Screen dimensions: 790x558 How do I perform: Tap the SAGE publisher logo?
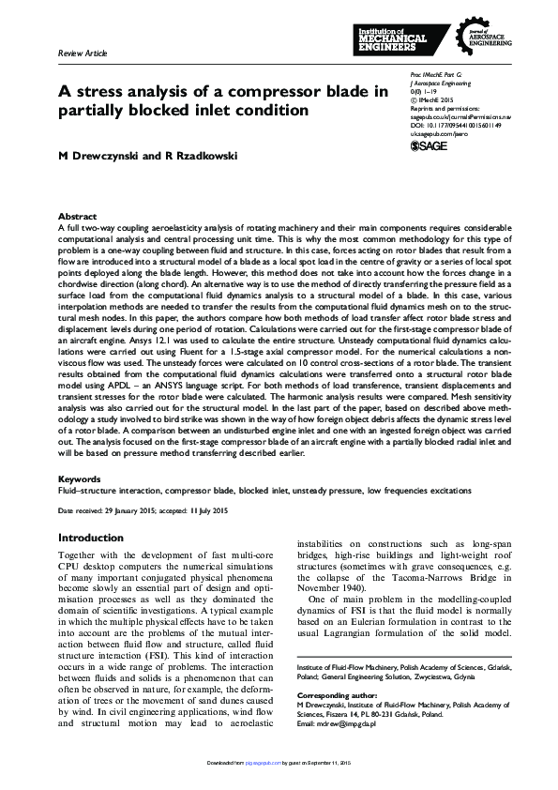point(430,145)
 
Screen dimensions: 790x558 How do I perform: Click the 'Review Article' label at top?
point(83,55)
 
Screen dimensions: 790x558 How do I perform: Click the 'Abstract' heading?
point(77,216)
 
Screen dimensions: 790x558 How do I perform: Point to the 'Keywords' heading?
point(80,479)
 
